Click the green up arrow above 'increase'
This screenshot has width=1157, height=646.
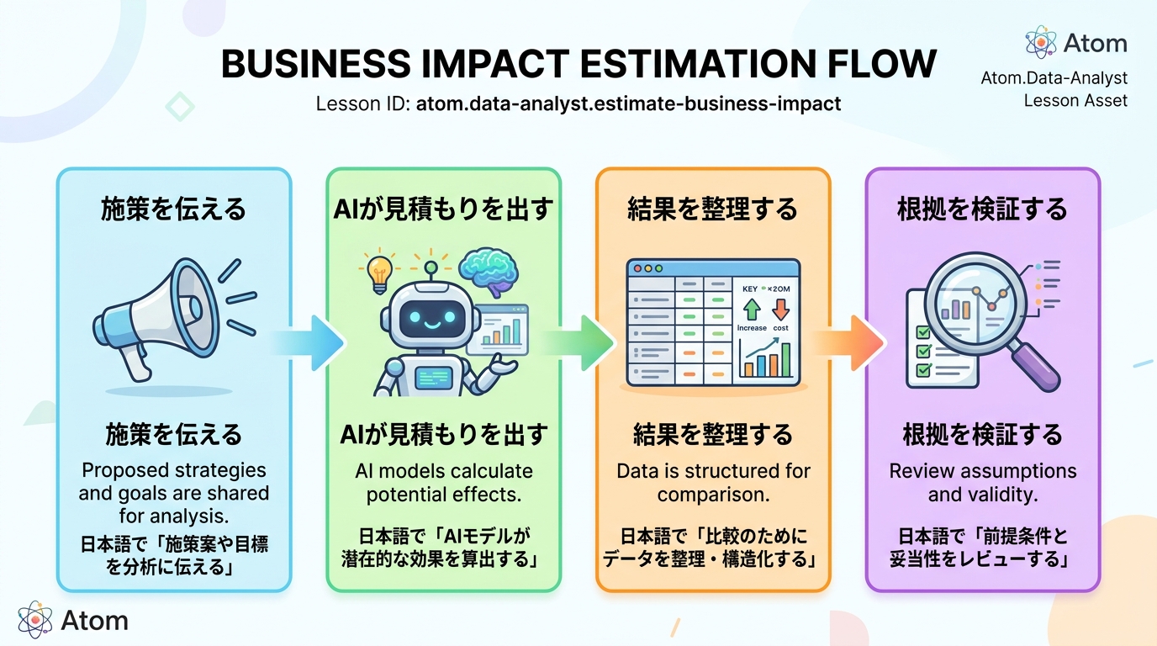pos(751,309)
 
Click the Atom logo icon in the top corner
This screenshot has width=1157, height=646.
pos(1041,42)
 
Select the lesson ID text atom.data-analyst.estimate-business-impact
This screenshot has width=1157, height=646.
pos(628,105)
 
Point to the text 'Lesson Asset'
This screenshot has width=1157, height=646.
pos(1075,101)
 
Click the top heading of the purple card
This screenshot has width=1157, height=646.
pos(982,209)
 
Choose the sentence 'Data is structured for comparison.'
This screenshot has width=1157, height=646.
pos(713,482)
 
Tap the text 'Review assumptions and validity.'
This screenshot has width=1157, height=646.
pos(982,482)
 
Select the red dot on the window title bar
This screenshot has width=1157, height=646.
pos(637,268)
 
